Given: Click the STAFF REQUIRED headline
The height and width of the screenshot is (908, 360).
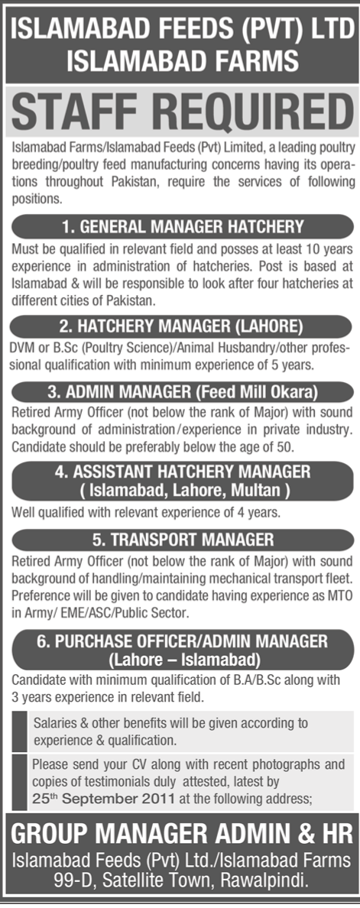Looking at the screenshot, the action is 180,112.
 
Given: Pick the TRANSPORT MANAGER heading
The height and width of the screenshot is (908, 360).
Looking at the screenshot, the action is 180,538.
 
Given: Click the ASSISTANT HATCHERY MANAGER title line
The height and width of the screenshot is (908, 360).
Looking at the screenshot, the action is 180,471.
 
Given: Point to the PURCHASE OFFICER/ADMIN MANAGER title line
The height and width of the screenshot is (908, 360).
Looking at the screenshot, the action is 180,640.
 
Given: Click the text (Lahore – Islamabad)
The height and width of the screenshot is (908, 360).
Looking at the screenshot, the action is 180,657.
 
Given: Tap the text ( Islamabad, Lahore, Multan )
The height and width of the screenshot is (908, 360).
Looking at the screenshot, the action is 180,488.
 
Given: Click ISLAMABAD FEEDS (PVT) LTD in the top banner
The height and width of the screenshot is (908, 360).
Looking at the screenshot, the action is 180,25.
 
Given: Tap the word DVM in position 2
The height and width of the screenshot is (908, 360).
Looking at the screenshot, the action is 24,347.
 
